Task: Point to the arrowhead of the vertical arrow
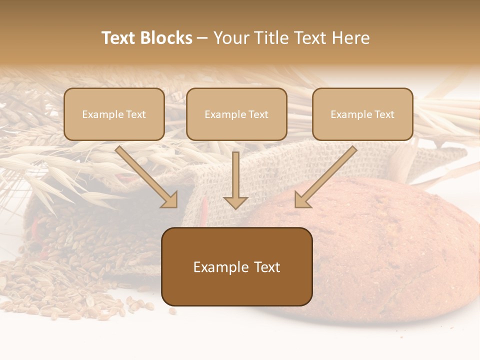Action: coord(235,202)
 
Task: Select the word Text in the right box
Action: coord(384,114)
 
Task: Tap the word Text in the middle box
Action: coord(258,114)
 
